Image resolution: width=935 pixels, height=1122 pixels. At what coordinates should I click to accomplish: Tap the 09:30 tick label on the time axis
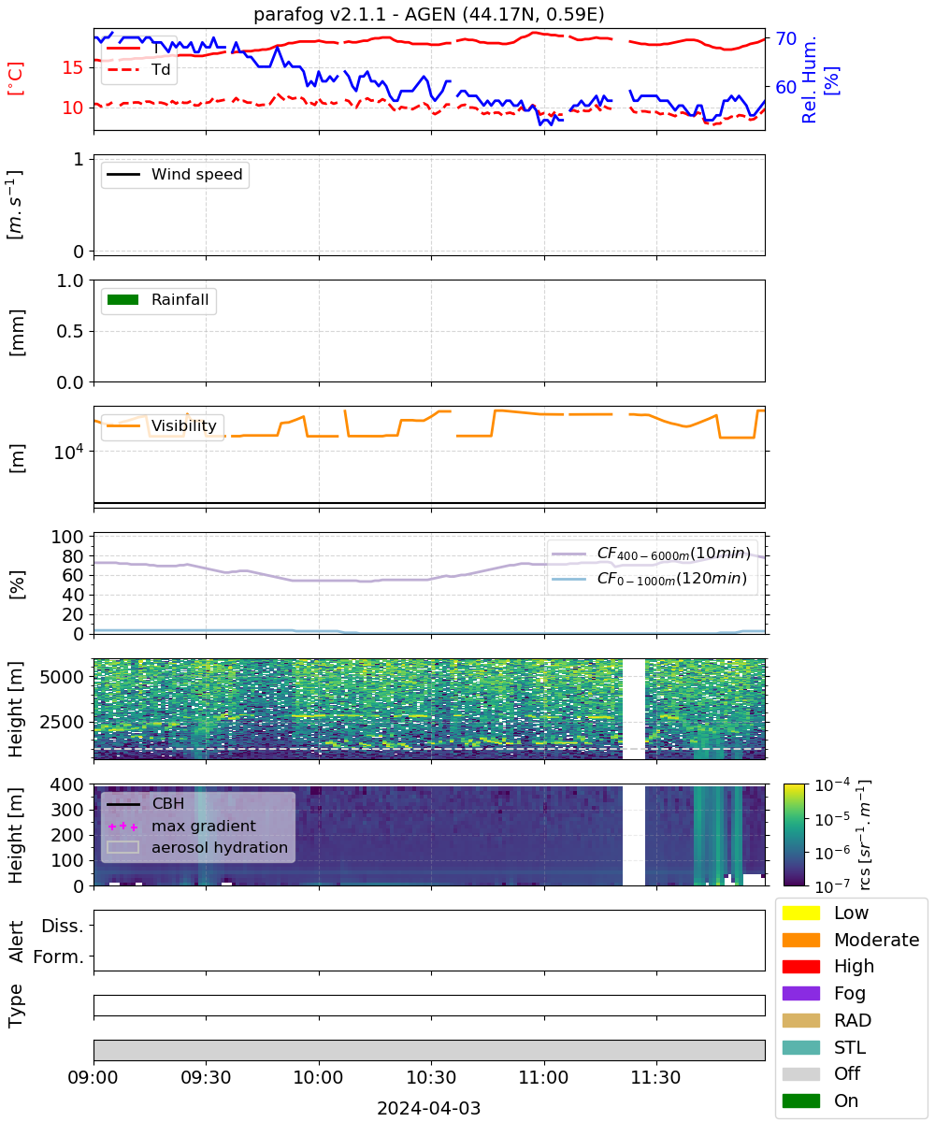(x=206, y=1077)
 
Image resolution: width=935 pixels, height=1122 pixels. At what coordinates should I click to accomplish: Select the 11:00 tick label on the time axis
(x=543, y=1077)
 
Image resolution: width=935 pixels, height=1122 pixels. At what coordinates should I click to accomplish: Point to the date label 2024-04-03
(x=428, y=1108)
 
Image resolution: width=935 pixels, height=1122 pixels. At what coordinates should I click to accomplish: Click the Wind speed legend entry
(x=175, y=174)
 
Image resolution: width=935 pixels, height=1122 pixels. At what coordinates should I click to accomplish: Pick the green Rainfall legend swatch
(x=122, y=300)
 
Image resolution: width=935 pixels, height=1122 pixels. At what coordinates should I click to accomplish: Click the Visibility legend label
(x=184, y=425)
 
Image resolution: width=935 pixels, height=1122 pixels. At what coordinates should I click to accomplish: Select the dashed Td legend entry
(x=138, y=69)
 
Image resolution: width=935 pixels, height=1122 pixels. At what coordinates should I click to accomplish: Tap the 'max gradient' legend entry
(x=182, y=826)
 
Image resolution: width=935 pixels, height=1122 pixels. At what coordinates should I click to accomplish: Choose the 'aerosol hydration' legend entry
(x=197, y=847)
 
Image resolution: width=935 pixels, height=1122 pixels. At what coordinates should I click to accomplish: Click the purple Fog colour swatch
(x=800, y=994)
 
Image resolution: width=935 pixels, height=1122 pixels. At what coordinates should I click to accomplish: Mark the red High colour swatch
(x=800, y=967)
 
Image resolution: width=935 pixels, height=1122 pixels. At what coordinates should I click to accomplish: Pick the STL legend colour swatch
(x=800, y=1047)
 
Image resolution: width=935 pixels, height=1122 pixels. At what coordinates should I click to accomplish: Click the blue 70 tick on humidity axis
(x=785, y=38)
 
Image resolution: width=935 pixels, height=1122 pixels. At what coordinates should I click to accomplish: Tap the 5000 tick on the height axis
(x=62, y=677)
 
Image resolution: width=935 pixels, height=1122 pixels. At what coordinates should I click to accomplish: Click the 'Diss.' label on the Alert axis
(x=63, y=926)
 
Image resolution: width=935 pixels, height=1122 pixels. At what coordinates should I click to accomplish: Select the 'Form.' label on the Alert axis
(x=59, y=957)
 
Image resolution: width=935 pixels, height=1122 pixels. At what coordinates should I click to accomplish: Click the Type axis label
(x=16, y=1005)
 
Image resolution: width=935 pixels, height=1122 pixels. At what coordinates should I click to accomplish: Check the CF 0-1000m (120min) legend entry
(x=649, y=578)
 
